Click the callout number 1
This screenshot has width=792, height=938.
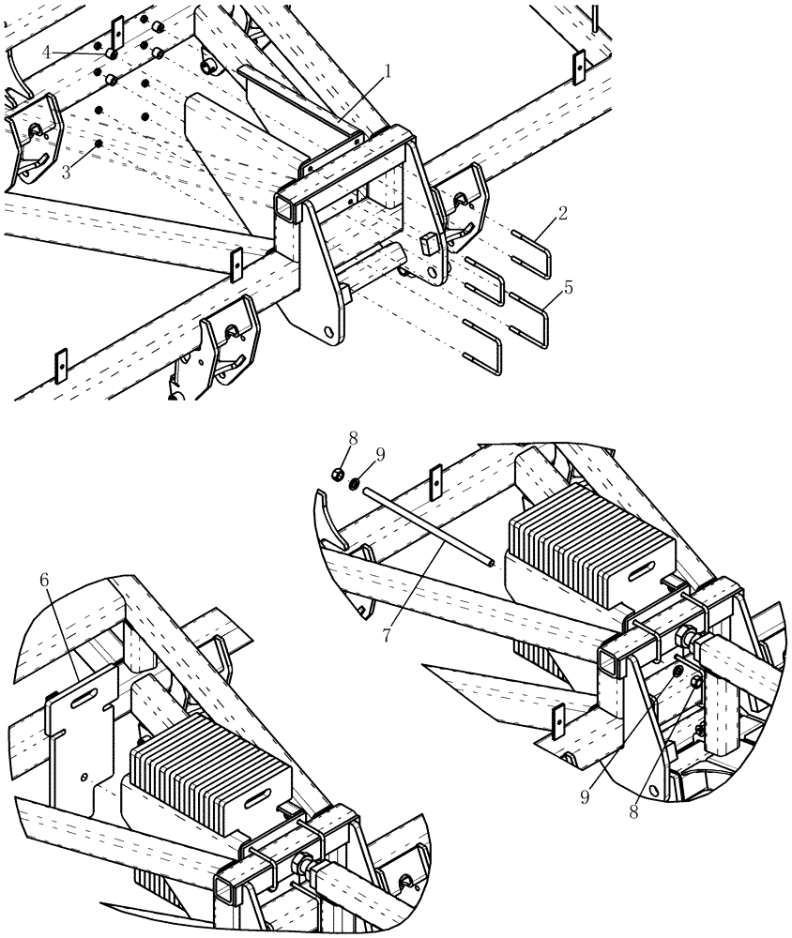(x=387, y=70)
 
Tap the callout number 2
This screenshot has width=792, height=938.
(x=562, y=214)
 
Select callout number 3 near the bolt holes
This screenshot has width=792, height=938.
(x=66, y=172)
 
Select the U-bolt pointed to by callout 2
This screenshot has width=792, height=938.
(x=530, y=242)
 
